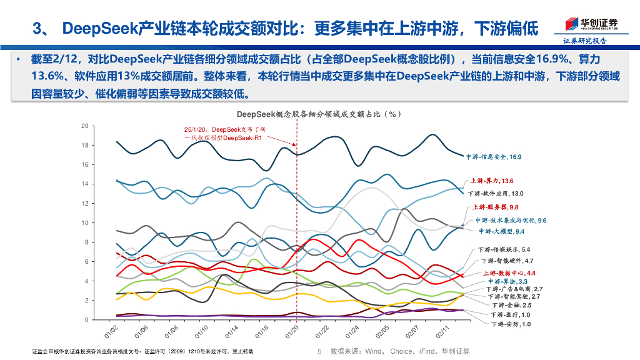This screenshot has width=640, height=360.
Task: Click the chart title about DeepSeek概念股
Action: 318,114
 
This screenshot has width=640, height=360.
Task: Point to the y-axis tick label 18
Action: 84,145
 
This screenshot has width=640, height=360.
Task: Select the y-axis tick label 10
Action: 84,222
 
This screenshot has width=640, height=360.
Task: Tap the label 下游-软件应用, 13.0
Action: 496,194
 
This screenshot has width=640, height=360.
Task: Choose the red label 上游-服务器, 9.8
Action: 496,207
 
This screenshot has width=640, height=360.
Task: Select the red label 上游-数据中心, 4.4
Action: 509,273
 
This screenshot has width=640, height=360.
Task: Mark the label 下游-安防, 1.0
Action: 511,324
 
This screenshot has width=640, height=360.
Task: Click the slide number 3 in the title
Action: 36,28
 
